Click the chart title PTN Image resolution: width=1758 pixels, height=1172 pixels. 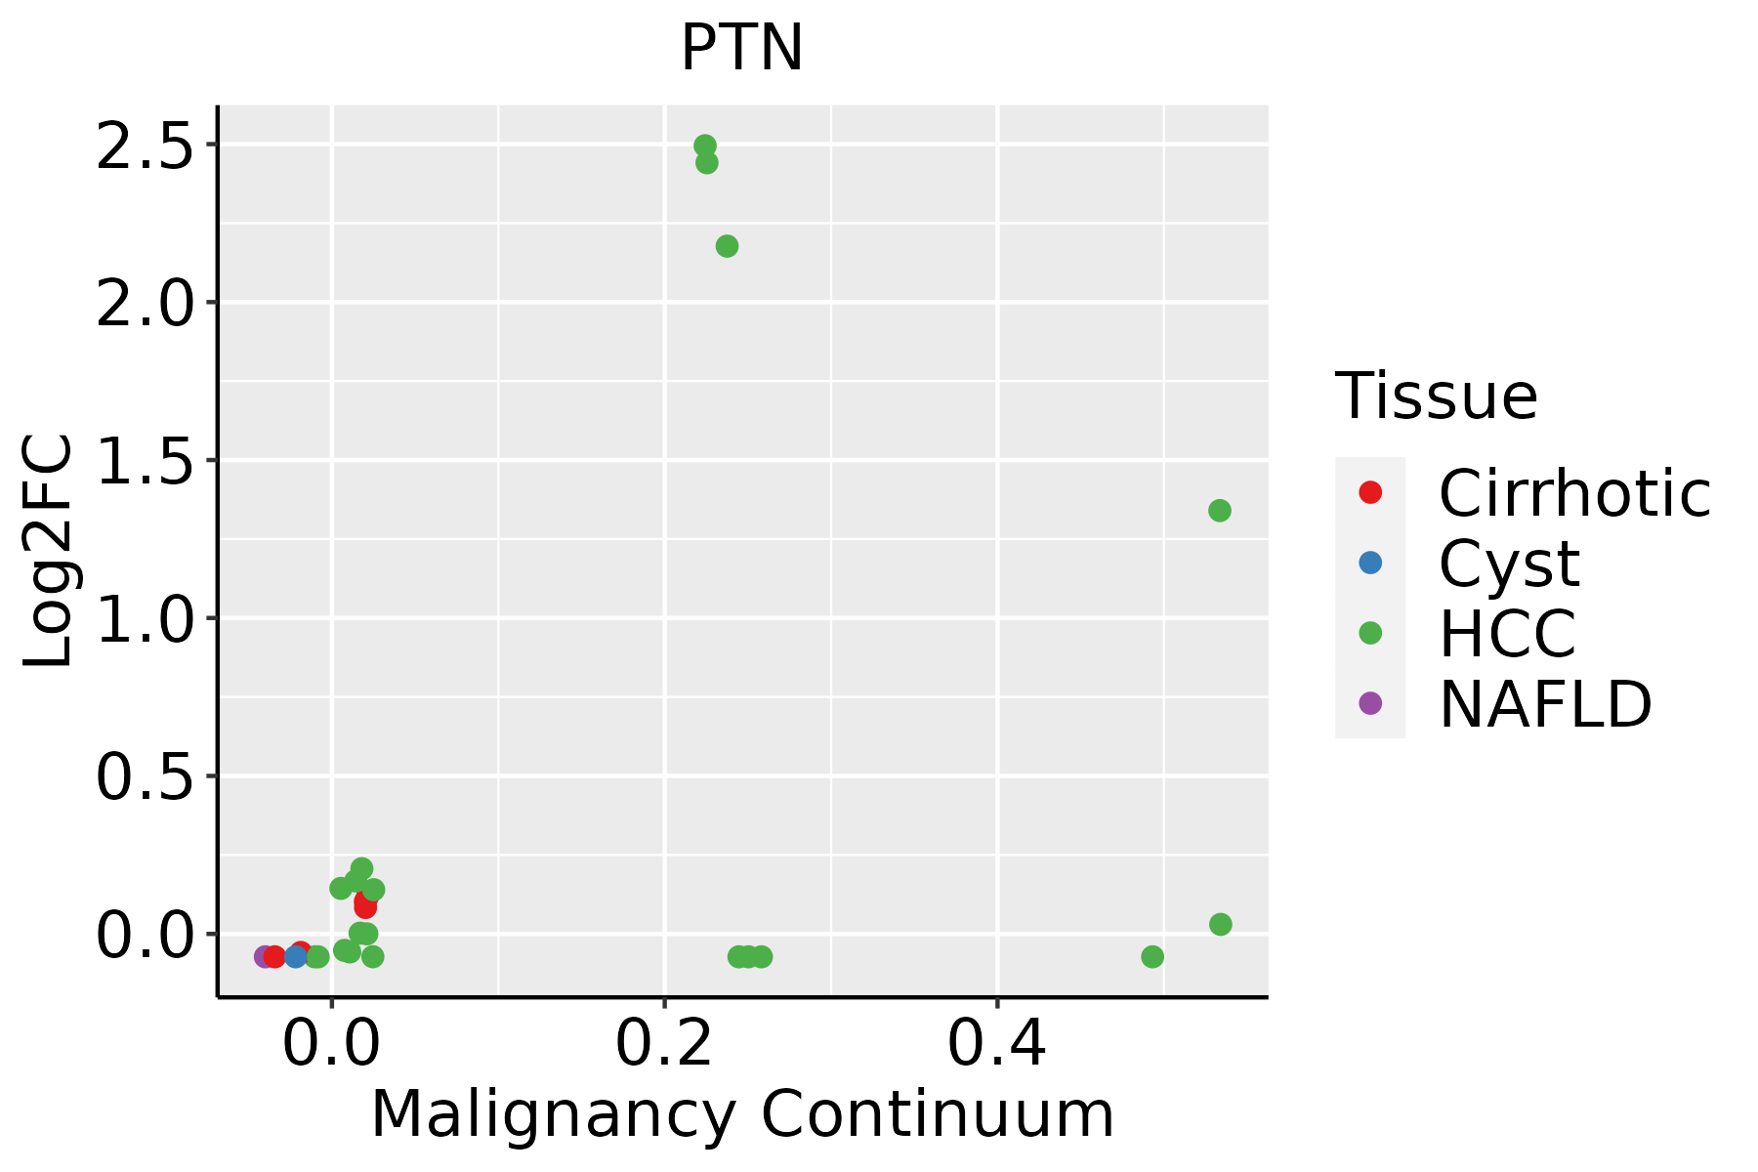pos(741,48)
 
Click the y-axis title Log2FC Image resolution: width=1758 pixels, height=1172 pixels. pos(49,551)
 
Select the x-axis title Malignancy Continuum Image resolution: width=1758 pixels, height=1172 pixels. pos(742,1114)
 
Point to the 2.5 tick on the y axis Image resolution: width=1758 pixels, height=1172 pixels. pos(145,145)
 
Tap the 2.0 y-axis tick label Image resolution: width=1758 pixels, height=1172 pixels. pos(145,303)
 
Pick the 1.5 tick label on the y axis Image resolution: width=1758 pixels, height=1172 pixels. pos(145,460)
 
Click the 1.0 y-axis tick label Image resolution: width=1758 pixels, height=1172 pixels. pos(145,618)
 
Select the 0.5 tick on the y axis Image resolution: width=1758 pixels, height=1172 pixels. pos(145,776)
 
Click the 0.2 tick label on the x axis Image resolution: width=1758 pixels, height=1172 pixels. pos(664,1044)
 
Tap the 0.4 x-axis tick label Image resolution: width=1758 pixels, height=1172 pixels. pos(997,1044)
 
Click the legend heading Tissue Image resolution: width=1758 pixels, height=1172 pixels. pos(1436,396)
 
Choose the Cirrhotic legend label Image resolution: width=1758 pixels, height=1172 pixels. pos(1574,493)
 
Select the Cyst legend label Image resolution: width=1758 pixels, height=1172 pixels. pos(1509,564)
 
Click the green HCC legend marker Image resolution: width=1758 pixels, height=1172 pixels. pos(1370,633)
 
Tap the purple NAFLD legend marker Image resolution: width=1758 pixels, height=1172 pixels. pos(1370,703)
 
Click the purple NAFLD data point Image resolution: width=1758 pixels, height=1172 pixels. pos(264,956)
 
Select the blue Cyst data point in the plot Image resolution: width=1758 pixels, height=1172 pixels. pos(296,956)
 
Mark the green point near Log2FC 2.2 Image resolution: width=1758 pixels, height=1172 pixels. pos(727,246)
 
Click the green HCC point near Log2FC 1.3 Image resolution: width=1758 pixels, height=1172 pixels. pos(1219,511)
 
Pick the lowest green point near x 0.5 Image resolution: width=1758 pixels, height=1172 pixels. pos(1152,956)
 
